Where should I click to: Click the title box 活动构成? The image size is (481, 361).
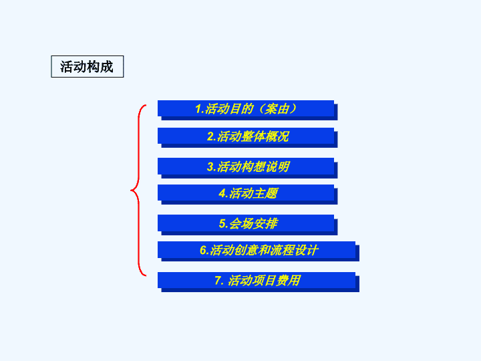[87, 66]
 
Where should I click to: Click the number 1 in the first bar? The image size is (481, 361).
[198, 109]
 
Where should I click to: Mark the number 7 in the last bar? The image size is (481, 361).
[218, 281]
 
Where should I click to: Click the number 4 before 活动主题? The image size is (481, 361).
[222, 193]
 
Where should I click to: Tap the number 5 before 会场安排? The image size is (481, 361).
[222, 223]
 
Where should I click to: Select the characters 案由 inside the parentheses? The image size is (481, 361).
[277, 109]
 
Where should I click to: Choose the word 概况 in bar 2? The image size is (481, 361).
[277, 136]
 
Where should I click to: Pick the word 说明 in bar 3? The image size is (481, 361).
[277, 166]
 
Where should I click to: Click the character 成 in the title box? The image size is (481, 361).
[107, 67]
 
